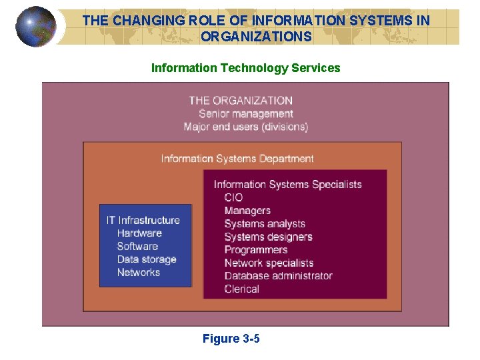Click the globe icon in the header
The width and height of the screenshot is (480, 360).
coord(35,27)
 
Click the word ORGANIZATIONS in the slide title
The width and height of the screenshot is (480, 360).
coord(256,37)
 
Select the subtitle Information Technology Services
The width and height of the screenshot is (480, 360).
coord(245,68)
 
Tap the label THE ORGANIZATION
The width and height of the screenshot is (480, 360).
coord(241,101)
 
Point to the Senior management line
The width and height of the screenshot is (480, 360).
coord(245,113)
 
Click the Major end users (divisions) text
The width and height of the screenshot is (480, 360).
coord(245,127)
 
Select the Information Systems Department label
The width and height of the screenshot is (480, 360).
coord(237,159)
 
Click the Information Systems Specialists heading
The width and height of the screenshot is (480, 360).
coord(287,185)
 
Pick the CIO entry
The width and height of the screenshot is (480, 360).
coord(233,197)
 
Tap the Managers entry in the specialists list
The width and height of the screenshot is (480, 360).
coord(247,211)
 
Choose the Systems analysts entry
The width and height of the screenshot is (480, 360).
coord(265,224)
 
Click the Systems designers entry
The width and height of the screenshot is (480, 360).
coord(268,237)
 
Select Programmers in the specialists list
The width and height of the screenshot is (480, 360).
coord(256,250)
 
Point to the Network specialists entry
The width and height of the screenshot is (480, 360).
coord(269,263)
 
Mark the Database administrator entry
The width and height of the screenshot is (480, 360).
coord(278,276)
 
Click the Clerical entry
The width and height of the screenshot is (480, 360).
coord(241,289)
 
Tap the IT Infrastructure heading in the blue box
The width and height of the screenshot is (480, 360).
coord(143,220)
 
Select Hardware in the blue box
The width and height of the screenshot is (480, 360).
coord(139,233)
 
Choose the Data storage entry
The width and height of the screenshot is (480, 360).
coord(147,259)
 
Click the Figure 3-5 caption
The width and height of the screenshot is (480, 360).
coord(231,339)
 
